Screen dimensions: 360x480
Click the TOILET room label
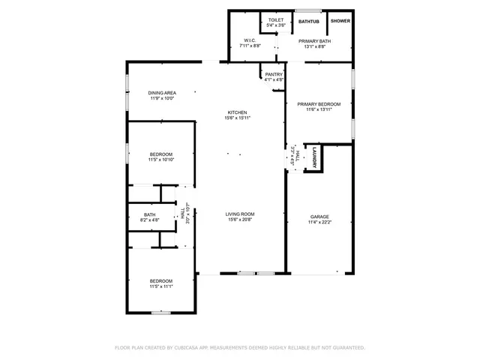coord(275,19)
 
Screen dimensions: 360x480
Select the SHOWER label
coord(340,20)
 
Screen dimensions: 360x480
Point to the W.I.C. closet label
coord(250,40)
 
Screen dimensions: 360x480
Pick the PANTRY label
coord(274,74)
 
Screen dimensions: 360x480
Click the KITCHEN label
coord(238,112)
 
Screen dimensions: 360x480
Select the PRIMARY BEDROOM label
coord(318,104)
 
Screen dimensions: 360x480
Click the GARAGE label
coord(320,217)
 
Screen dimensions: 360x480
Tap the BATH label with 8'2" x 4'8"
coord(150,215)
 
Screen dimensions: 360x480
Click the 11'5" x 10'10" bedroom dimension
coord(161,160)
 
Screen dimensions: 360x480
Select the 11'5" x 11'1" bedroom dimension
coord(161,286)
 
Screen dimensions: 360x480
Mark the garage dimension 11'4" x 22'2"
coord(320,222)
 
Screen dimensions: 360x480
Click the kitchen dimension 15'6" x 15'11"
coord(238,118)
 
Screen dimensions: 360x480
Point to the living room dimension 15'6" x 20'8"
coord(240,220)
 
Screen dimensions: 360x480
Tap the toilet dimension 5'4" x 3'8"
coord(275,25)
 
